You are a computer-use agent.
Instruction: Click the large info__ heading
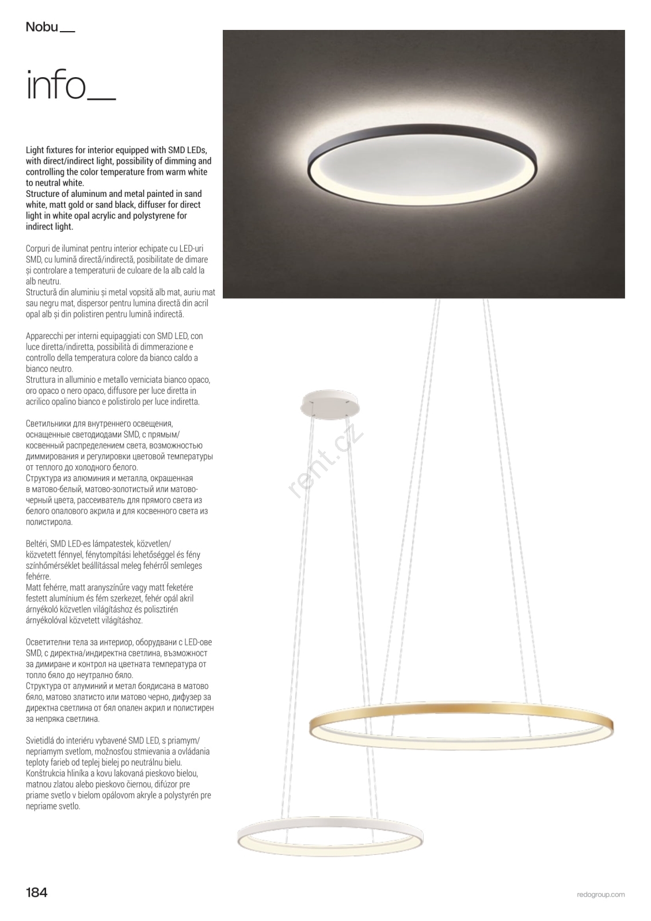pyautogui.click(x=70, y=86)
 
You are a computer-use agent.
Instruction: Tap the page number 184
pyautogui.click(x=37, y=893)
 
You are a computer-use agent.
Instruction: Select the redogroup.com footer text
pyautogui.click(x=600, y=895)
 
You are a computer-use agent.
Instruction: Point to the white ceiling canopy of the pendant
pyautogui.click(x=329, y=401)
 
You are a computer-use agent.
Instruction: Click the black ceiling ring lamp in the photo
pyautogui.click(x=424, y=164)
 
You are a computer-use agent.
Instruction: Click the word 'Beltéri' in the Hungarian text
pyautogui.click(x=36, y=544)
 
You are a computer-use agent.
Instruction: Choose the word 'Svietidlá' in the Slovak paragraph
pyautogui.click(x=41, y=741)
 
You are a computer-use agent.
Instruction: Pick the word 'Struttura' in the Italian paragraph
pyautogui.click(x=41, y=380)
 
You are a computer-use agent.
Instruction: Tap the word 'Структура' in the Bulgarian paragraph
pyautogui.click(x=45, y=686)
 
